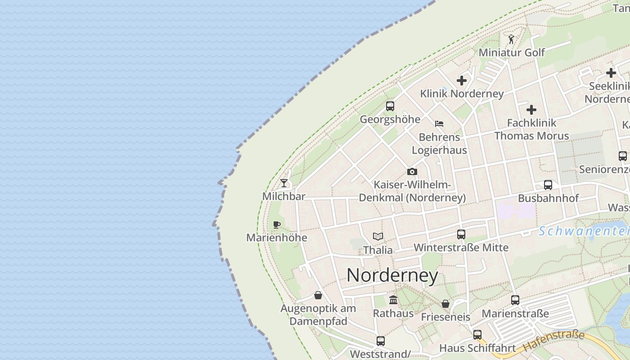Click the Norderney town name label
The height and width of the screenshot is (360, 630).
[x=392, y=275]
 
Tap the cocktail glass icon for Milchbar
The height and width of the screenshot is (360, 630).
[x=284, y=183]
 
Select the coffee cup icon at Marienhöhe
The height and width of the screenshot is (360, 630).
[x=277, y=225]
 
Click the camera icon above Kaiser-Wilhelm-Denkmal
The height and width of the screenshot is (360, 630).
[x=412, y=171]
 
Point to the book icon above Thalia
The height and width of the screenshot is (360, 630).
[x=378, y=236]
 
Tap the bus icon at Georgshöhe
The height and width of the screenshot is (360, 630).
[x=390, y=106]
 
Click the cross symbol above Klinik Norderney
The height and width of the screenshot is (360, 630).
[x=462, y=81]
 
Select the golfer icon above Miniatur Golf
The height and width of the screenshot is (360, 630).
[x=511, y=39]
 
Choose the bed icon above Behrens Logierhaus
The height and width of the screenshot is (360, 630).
[x=439, y=123]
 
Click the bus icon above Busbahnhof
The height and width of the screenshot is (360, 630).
[x=548, y=185]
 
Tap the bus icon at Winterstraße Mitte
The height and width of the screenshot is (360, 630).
[x=461, y=234]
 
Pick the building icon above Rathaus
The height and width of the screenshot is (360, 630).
[x=393, y=300]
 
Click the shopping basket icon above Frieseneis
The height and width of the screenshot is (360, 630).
[x=445, y=304]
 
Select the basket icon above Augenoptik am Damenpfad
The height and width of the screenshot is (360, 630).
[x=318, y=295]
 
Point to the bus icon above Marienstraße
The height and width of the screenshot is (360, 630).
[x=515, y=300]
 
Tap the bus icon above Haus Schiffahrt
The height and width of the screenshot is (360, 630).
[x=477, y=335]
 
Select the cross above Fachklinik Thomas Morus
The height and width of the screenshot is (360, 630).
[x=531, y=109]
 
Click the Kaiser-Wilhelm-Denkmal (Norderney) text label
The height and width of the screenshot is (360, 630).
[x=412, y=191]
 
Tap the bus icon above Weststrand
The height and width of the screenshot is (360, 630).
[x=381, y=341]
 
